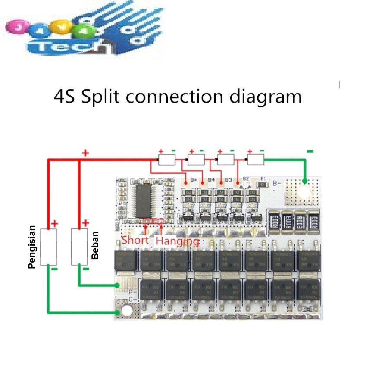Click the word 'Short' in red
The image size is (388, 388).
[x=135, y=240]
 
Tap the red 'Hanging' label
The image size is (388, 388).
[x=178, y=241]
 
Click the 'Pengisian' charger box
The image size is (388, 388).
[x=48, y=247]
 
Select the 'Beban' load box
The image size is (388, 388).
[x=79, y=247]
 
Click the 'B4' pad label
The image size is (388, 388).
[x=211, y=179]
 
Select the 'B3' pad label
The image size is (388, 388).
[x=228, y=179]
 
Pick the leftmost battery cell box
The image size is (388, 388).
[x=167, y=160]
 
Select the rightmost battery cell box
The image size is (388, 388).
[x=255, y=160]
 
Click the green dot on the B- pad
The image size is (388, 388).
[x=305, y=181]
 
